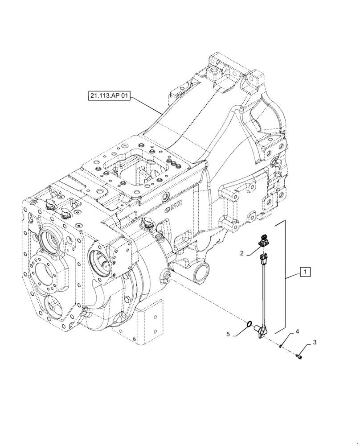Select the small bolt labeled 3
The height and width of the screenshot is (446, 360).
299,356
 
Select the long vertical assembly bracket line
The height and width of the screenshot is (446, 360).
284,277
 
